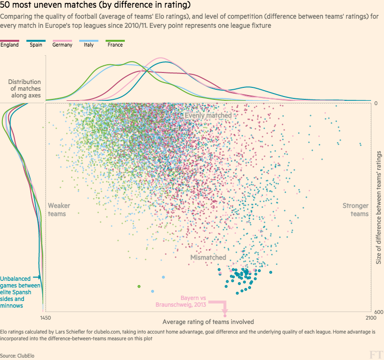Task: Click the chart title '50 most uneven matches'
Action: point(96,6)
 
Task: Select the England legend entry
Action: point(10,45)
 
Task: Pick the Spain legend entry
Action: point(36,45)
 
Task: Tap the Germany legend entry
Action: point(62,45)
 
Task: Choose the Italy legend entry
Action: point(89,45)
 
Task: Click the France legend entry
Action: point(115,45)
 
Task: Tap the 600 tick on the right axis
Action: point(378,312)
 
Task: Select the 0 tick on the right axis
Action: point(376,103)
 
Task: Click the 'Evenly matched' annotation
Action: point(208,116)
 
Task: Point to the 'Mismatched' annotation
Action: point(208,258)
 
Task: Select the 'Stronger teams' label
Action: point(355,210)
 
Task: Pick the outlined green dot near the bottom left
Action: point(139,287)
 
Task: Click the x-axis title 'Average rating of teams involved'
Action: point(208,322)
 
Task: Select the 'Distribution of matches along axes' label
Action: point(24,89)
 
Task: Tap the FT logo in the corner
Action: point(375,354)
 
